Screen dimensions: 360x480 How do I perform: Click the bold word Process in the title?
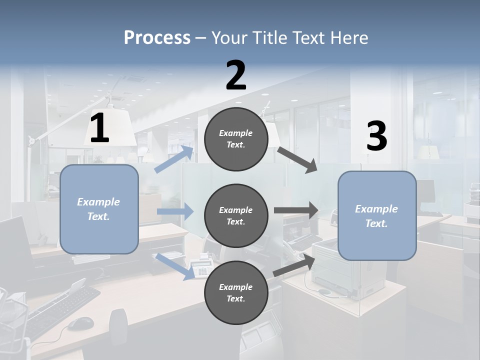[157, 38]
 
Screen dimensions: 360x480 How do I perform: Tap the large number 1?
[99, 129]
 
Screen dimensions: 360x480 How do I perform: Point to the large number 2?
[236, 75]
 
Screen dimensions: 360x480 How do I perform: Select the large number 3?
[376, 136]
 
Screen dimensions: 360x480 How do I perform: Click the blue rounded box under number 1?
[99, 209]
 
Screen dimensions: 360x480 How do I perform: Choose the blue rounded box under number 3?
[377, 215]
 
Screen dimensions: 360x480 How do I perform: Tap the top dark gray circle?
[236, 139]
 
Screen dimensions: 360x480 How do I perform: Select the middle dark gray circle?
[236, 215]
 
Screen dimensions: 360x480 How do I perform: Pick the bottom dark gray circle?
[236, 292]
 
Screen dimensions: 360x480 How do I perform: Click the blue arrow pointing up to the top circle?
[174, 159]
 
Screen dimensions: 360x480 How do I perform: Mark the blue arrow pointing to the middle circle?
[175, 211]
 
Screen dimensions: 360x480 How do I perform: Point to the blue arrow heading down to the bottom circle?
[175, 266]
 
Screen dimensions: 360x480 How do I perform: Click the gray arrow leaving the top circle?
[298, 159]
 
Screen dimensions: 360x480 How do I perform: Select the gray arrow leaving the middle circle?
[296, 210]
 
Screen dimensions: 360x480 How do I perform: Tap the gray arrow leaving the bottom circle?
[294, 265]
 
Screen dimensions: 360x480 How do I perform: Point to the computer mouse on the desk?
[80, 323]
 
